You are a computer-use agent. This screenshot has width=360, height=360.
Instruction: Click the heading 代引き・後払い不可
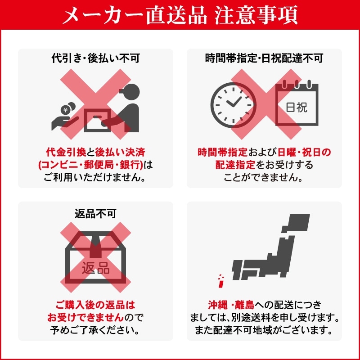tap(95, 58)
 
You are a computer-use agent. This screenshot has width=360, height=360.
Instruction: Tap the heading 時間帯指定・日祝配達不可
tap(264, 58)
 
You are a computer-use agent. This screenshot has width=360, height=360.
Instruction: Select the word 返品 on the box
tap(95, 268)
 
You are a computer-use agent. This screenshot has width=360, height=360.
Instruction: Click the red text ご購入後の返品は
tap(95, 305)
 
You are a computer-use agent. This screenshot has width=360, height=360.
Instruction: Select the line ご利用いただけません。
tap(95, 177)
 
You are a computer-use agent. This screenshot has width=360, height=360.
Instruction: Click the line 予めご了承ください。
tap(95, 330)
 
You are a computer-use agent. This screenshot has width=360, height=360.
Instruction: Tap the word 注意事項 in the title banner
tap(256, 15)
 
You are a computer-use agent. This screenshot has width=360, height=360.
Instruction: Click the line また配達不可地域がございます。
tap(264, 330)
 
